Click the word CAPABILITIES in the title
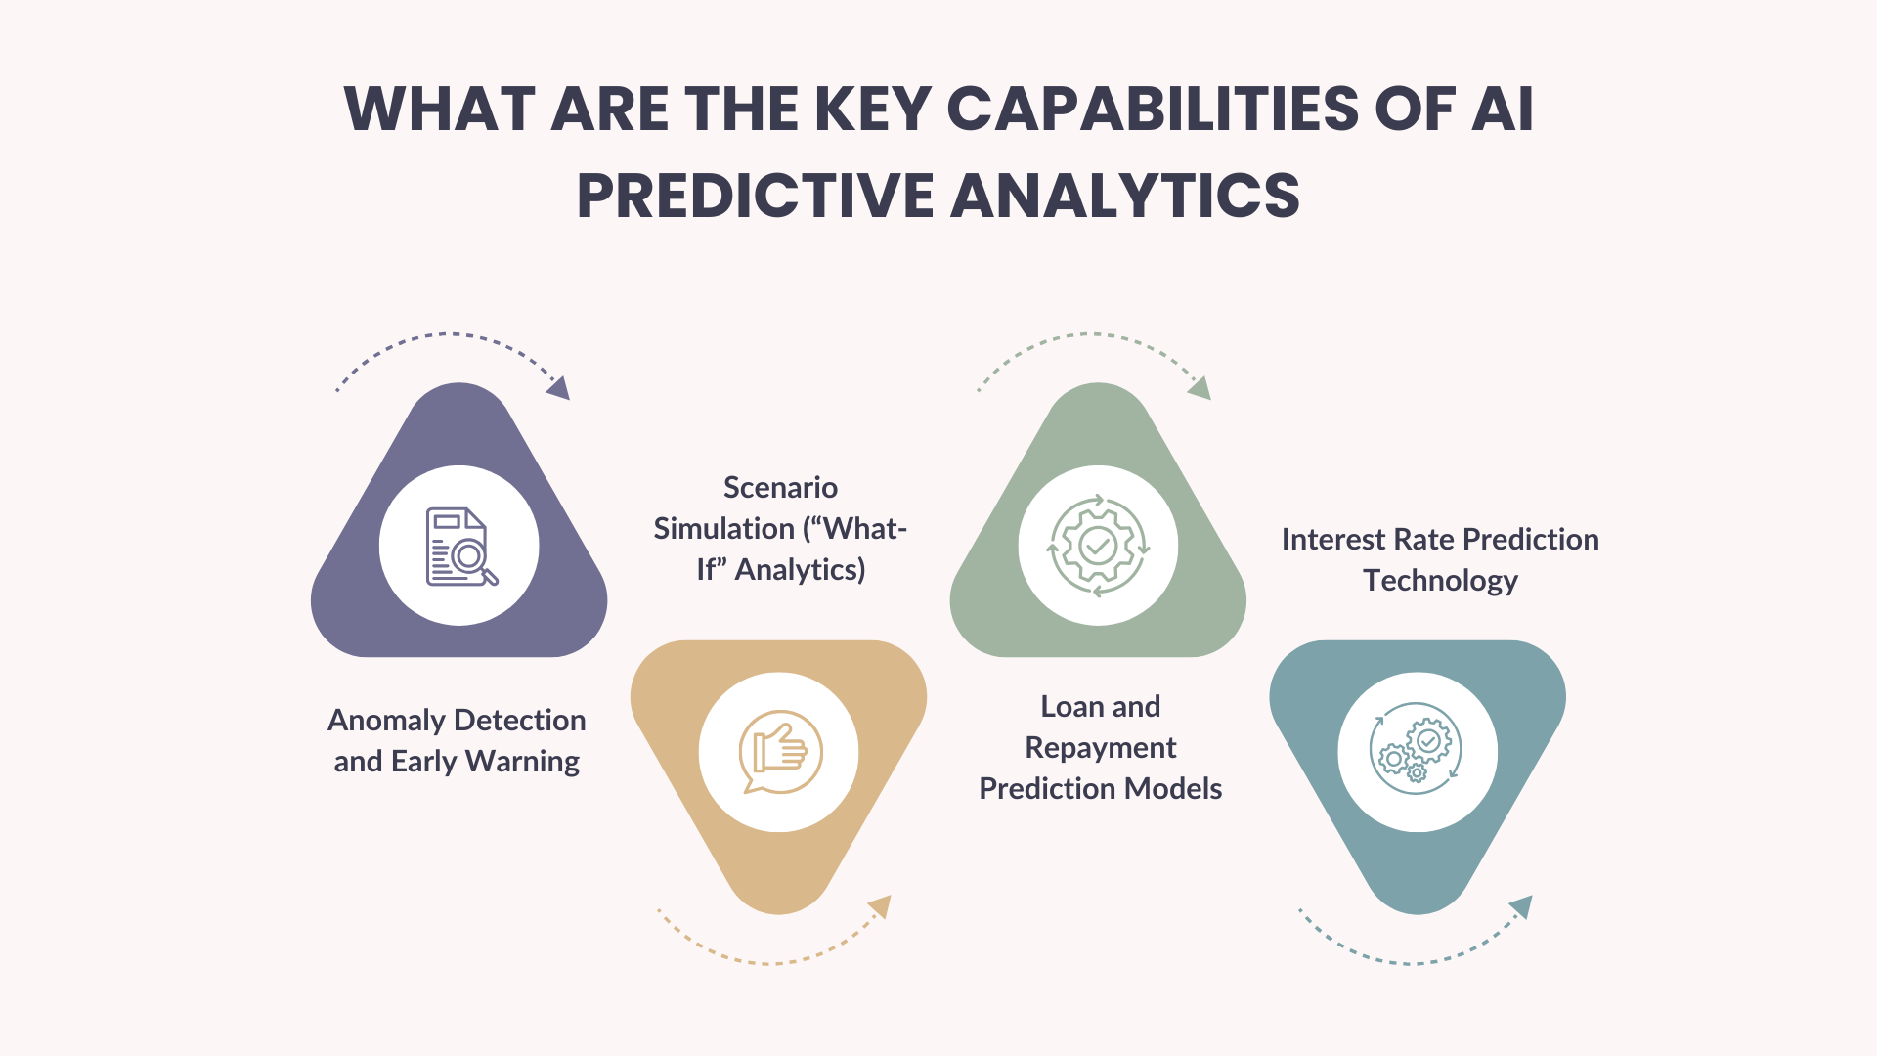point(1153,109)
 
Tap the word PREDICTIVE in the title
point(755,196)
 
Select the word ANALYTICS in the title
point(1124,196)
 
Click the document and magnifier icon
point(460,547)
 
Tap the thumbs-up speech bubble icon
point(779,752)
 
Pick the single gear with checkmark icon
point(1098,546)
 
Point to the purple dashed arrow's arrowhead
point(559,388)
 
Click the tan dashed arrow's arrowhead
point(881,906)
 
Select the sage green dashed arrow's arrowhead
point(1200,388)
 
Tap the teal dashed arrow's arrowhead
point(1521,907)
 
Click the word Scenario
point(780,488)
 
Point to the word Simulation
point(723,529)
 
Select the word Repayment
point(1100,748)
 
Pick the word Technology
point(1440,581)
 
